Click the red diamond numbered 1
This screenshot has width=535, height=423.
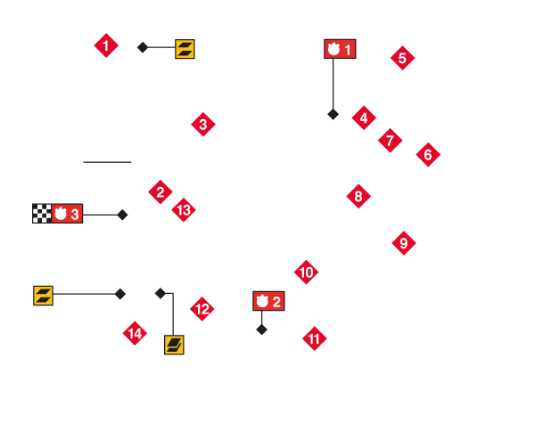[106, 45]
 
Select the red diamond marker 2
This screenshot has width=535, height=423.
[160, 191]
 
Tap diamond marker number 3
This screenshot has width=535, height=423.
[203, 125]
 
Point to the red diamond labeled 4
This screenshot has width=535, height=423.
[364, 118]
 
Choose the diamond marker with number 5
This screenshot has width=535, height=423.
[402, 58]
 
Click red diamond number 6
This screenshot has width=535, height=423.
[428, 154]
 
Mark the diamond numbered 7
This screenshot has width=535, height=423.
[390, 140]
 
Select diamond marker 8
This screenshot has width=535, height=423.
[358, 196]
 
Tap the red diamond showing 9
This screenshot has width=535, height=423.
[404, 242]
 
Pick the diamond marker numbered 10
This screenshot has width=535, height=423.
[306, 273]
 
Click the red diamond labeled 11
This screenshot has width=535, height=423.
[314, 338]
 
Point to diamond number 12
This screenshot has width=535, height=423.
[202, 309]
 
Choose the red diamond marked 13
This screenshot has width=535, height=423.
[184, 210]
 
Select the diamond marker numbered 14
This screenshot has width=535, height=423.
[135, 333]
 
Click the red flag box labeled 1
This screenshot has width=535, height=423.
[340, 49]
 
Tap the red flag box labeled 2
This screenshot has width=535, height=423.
[268, 301]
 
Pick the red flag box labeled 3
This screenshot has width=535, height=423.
[67, 214]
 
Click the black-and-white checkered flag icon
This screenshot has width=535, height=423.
[41, 214]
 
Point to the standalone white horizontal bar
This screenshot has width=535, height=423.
[107, 162]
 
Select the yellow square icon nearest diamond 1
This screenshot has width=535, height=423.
[185, 48]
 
